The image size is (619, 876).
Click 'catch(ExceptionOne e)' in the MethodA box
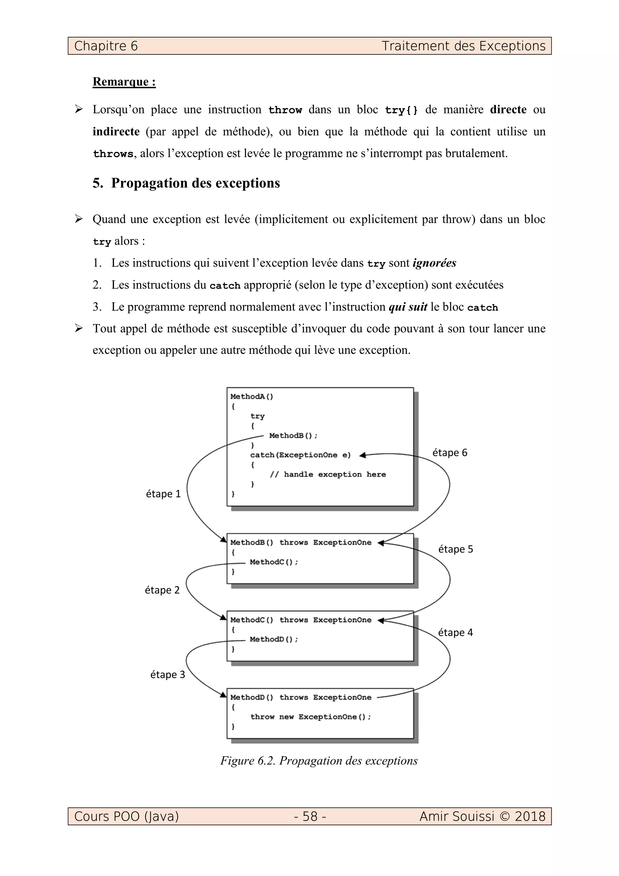pos(300,455)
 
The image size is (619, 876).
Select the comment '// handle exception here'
pos(328,474)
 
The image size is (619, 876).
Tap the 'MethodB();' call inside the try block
pos(293,435)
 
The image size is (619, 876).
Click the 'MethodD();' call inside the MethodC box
pos(274,639)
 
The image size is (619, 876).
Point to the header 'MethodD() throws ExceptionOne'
pos(300,697)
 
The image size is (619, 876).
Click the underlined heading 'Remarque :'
pos(124,82)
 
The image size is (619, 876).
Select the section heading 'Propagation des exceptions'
pos(195,183)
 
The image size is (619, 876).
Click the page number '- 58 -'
pos(310,816)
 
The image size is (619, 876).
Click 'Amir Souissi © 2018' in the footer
pos(482,816)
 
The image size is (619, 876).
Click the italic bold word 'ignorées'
pos(434,263)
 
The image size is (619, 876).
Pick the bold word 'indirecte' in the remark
pos(116,131)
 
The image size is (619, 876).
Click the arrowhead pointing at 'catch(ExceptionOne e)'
pos(362,455)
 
